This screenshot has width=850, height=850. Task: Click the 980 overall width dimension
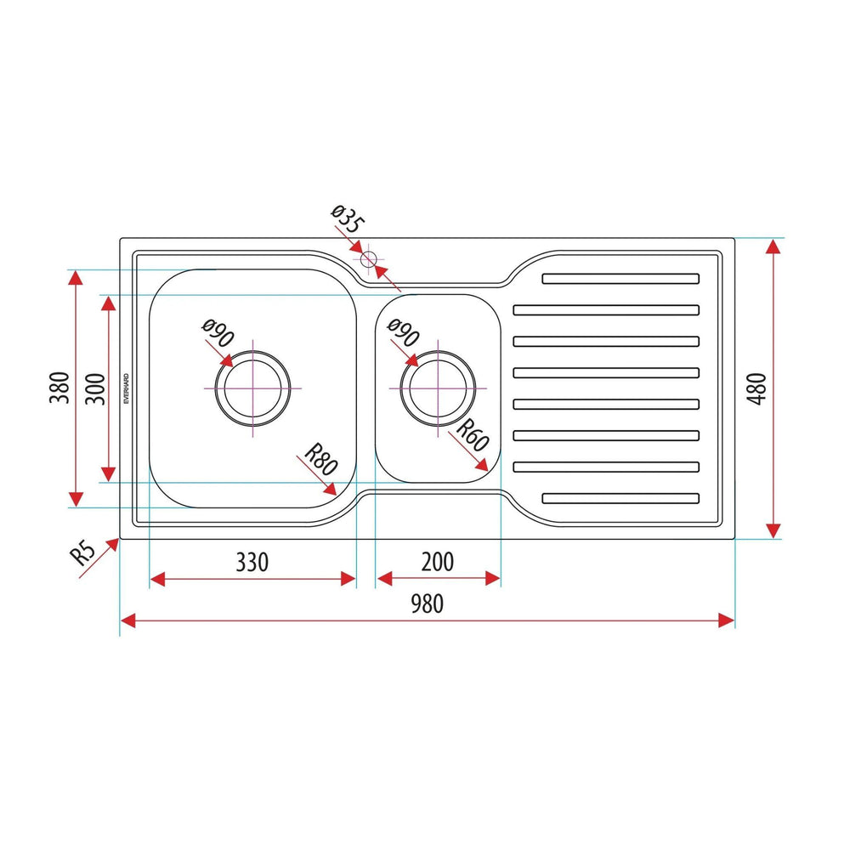click(428, 603)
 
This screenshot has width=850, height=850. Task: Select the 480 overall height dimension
click(757, 388)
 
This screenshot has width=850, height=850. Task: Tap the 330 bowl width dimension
click(252, 562)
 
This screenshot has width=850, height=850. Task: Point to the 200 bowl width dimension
click(438, 562)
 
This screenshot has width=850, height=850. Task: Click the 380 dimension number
click(59, 388)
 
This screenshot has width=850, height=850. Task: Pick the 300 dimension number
click(95, 388)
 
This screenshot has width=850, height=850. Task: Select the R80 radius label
click(321, 460)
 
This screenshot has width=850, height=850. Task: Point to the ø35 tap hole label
click(348, 219)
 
